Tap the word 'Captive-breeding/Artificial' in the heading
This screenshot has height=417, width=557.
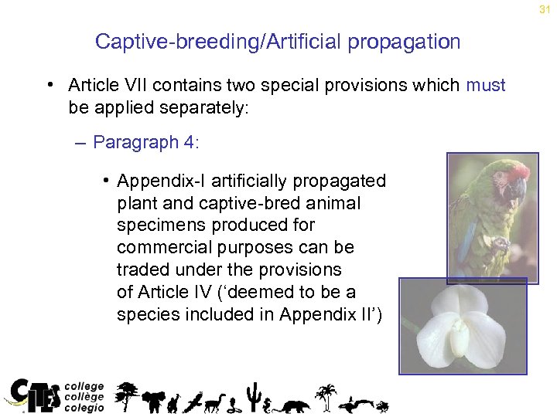(x=218, y=42)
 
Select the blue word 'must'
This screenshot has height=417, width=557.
(x=485, y=85)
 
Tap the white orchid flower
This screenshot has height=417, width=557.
(x=462, y=324)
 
